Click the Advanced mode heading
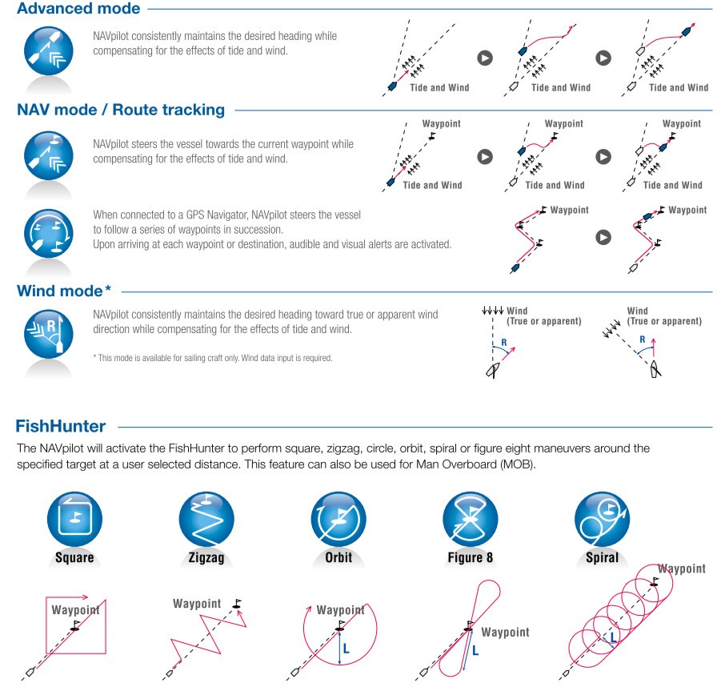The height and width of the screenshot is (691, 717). pos(78,8)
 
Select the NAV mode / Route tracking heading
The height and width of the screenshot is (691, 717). pos(121,110)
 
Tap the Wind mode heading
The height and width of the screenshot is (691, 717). pos(64,291)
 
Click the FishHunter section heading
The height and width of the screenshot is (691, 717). pos(61,426)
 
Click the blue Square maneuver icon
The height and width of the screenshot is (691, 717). pos(74,520)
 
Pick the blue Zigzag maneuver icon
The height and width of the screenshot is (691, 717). pos(206,520)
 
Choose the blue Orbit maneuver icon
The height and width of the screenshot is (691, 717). pos(338,520)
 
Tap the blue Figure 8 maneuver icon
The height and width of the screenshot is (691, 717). pos(470,520)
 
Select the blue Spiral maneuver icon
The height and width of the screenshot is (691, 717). pos(603,520)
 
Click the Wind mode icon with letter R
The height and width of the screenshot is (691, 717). pos(49,334)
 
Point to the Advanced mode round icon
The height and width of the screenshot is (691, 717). pos(49,50)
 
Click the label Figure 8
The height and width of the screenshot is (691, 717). pos(470,557)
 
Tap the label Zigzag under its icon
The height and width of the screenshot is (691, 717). pos(206,558)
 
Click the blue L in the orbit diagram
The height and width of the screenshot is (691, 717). pos(346,649)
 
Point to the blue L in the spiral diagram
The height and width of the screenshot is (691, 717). pos(613,637)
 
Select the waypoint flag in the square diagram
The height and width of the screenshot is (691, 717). pos(75,625)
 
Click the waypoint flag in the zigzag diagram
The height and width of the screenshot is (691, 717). pos(237,604)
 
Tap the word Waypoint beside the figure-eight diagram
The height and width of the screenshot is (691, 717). pos(505,632)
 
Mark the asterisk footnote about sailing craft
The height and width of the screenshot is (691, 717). pos(213,358)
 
